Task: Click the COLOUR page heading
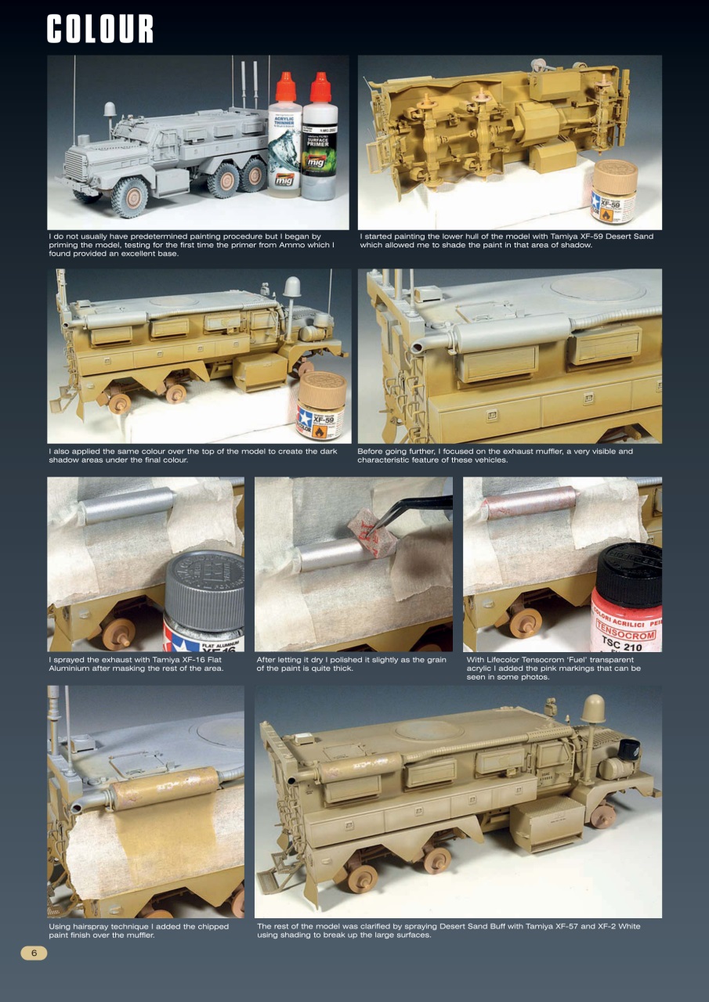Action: click(x=100, y=29)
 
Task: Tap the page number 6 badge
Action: click(x=34, y=953)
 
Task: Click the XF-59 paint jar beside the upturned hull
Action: click(x=615, y=193)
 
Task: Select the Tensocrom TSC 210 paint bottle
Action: click(x=631, y=599)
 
